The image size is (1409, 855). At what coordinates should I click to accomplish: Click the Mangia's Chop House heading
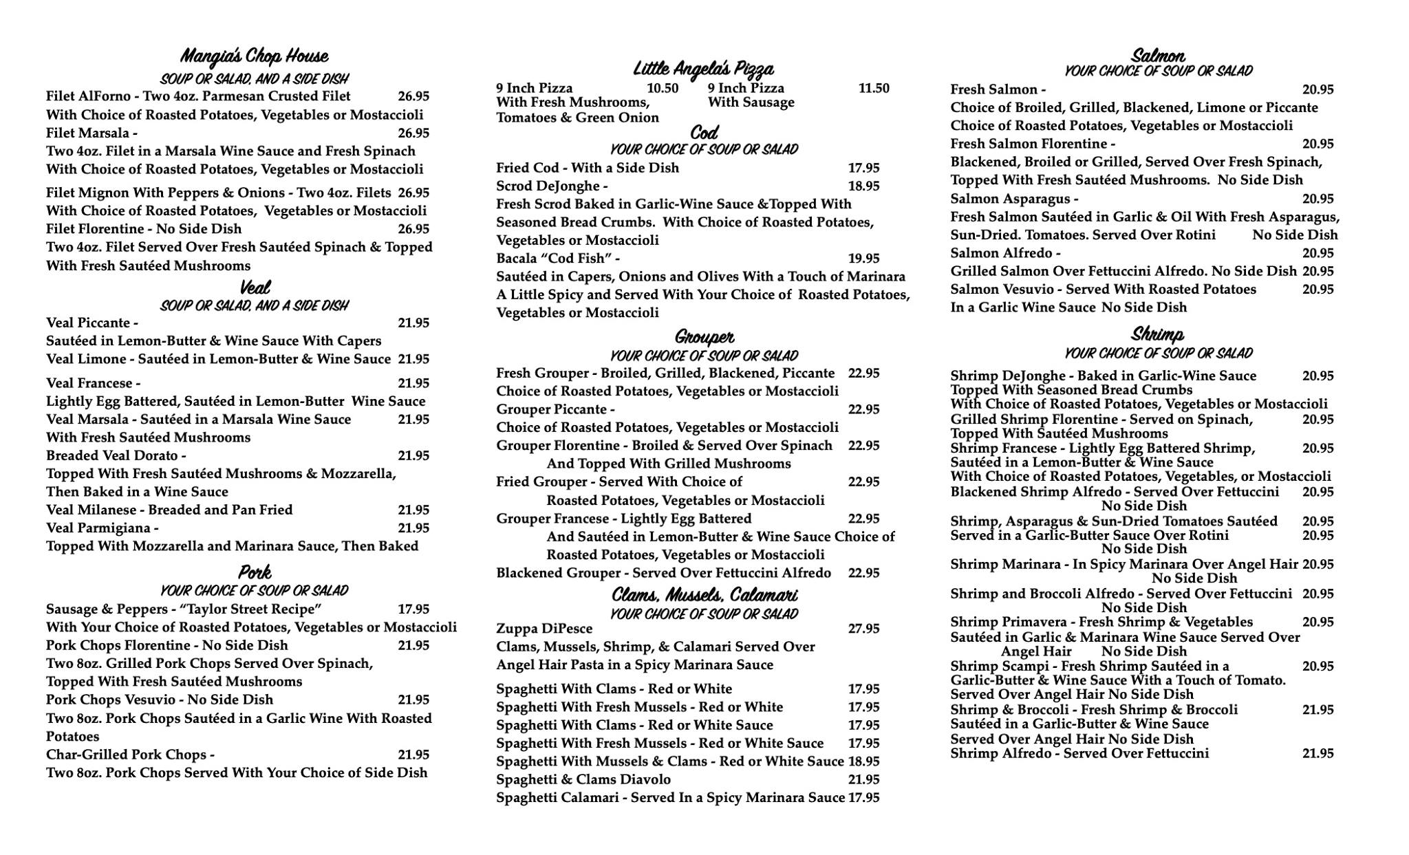click(x=254, y=56)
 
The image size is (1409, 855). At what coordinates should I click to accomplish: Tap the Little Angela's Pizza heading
click(x=703, y=69)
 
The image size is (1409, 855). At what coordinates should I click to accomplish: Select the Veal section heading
click(x=255, y=287)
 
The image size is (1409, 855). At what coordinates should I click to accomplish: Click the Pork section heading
click(x=255, y=572)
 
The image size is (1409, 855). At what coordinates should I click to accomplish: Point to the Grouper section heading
click(x=704, y=337)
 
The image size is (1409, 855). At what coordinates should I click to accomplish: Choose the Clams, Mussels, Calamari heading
click(x=704, y=594)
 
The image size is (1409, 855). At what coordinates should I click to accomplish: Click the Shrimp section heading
click(x=1157, y=335)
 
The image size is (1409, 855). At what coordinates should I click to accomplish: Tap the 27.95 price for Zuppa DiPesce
click(x=863, y=629)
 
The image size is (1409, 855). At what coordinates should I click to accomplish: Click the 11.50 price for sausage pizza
click(x=874, y=88)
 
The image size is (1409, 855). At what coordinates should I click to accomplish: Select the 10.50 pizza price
click(x=663, y=88)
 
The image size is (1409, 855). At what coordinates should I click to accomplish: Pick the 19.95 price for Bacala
click(x=863, y=259)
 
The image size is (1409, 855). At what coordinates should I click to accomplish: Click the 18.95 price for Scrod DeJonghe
click(x=863, y=186)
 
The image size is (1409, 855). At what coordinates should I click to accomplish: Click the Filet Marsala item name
click(x=87, y=133)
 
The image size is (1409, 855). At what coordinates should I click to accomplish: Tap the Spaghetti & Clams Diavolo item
click(x=583, y=779)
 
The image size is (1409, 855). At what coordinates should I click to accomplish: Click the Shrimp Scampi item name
click(x=1001, y=666)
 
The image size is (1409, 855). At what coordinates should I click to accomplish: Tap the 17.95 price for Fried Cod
click(x=863, y=168)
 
